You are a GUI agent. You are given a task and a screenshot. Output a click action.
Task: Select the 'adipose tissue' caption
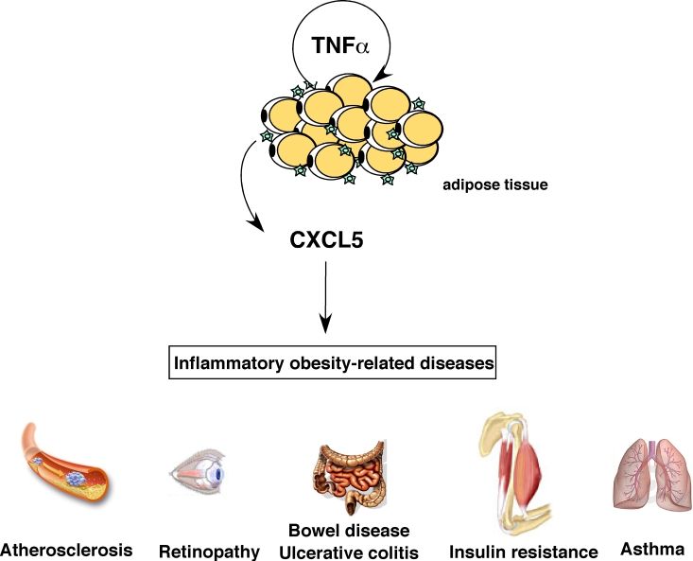tap(495, 185)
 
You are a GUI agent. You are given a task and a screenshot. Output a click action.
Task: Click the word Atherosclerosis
tap(66, 550)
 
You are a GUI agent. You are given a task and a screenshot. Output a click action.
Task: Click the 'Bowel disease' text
tap(349, 530)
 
